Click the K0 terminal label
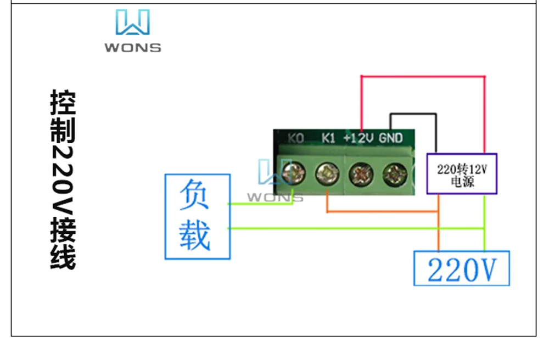(x=296, y=138)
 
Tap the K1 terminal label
(x=328, y=138)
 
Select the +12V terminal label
(x=358, y=138)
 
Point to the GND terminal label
(x=391, y=138)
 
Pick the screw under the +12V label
(x=361, y=175)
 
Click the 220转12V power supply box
(x=462, y=174)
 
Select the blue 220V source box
(x=462, y=268)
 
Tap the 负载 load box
(x=198, y=217)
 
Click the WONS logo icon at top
(x=132, y=23)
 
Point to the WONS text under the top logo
(x=133, y=48)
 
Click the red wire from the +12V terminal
(x=423, y=77)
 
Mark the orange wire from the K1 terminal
(x=384, y=211)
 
